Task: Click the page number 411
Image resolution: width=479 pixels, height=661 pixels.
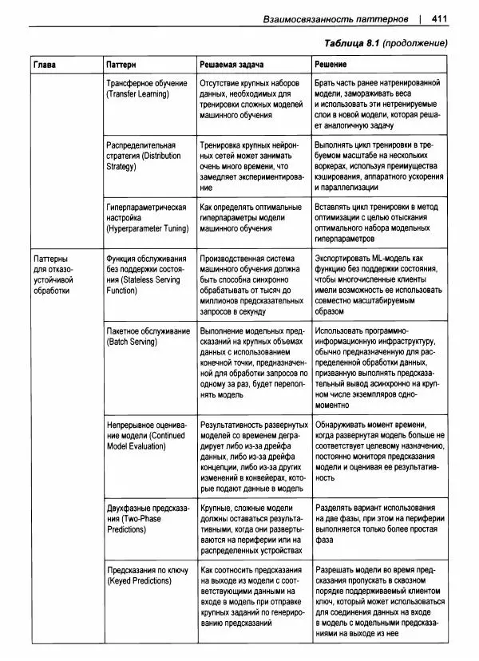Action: coord(439,18)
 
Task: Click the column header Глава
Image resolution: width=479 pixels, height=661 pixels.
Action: coord(45,62)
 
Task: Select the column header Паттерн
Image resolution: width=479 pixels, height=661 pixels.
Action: coord(121,62)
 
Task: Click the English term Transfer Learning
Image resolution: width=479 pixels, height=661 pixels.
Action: coord(137,94)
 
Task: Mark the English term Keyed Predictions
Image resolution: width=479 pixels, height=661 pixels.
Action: coord(139,580)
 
